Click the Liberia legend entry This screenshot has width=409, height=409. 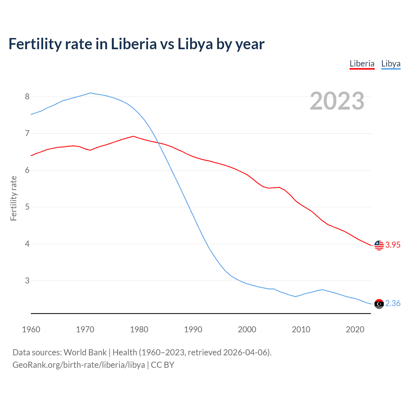362,64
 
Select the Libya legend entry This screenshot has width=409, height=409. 391,64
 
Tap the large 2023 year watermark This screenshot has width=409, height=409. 337,101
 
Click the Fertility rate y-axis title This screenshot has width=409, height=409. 13,198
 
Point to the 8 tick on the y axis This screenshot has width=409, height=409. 27,96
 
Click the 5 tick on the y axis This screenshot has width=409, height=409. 27,207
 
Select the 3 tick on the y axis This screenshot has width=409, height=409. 27,281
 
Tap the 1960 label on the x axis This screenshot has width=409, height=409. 31,329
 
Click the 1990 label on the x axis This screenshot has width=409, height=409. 193,329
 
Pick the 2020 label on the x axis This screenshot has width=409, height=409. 355,329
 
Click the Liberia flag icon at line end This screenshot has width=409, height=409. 379,245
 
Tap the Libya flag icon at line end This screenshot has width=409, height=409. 379,304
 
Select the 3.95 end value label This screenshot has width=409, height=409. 393,245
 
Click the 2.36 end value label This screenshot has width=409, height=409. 393,304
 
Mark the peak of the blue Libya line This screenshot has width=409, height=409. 90,93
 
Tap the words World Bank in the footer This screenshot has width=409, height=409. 85,352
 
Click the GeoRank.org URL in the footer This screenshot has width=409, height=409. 79,365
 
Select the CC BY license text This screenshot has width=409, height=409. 163,365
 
